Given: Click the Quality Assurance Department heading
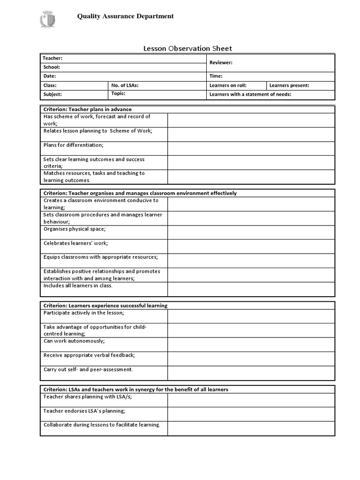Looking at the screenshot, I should (125, 16).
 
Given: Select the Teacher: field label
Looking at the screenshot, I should (52, 58).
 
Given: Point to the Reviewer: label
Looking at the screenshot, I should (221, 62).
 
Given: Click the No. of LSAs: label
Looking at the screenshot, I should (125, 85).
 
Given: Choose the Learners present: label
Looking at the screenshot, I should (289, 85).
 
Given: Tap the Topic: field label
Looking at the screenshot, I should (120, 94).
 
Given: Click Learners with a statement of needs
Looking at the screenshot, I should (250, 94).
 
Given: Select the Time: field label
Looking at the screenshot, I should (216, 76).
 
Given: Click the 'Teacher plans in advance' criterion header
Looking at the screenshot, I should (88, 109).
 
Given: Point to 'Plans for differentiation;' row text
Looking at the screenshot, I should (74, 145).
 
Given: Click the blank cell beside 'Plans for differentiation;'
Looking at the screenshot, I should (251, 148).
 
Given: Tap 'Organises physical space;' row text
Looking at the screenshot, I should (75, 229).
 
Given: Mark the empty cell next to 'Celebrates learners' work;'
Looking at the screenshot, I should (251, 247).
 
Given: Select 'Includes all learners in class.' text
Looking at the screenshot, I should (78, 285).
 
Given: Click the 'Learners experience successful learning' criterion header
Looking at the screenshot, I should (105, 306).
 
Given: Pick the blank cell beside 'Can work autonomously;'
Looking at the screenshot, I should (251, 345).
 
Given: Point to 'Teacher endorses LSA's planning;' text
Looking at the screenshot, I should (84, 411).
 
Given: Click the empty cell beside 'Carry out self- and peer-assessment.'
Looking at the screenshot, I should (251, 373).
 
